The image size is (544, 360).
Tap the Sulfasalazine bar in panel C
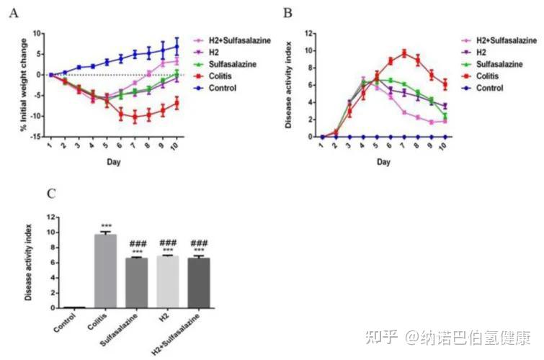tap(137, 282)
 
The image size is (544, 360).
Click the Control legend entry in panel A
tap(223, 87)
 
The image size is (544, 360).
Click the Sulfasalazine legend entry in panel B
tap(495, 65)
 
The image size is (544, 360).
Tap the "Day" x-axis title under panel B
tap(383, 162)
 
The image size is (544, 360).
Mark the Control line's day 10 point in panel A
tap(177, 47)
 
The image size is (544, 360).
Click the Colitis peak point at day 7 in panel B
tap(405, 52)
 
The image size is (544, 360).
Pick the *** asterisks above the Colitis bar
tap(105, 226)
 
